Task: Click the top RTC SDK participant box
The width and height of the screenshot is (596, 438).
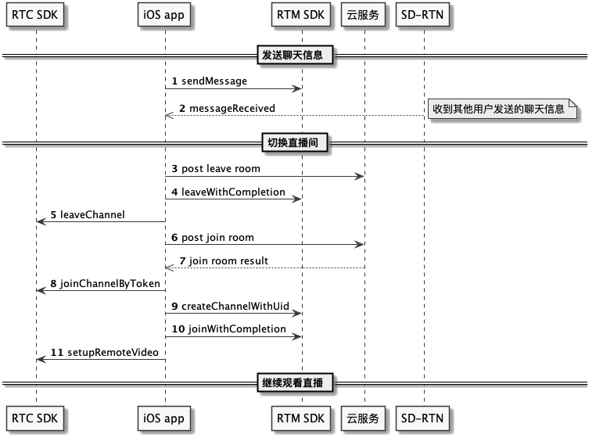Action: (35, 15)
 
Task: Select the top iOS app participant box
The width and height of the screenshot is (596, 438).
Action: (163, 15)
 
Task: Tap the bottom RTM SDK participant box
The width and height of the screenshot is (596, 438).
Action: (300, 418)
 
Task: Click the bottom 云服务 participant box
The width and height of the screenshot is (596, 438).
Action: (363, 418)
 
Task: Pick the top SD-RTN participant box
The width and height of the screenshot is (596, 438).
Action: (422, 15)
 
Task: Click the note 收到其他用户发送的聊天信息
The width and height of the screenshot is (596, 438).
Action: (502, 109)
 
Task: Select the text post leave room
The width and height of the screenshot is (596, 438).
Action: (221, 169)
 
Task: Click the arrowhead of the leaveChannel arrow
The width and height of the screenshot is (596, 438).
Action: (41, 221)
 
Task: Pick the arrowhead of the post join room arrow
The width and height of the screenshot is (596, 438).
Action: (360, 245)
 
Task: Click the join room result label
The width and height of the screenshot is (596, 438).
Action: (228, 260)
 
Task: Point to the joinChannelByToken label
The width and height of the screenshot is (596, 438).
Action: (110, 284)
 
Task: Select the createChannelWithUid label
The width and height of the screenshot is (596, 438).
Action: (235, 307)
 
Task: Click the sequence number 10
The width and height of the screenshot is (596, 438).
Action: (178, 329)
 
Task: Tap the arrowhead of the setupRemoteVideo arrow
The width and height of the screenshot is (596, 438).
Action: (41, 360)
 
